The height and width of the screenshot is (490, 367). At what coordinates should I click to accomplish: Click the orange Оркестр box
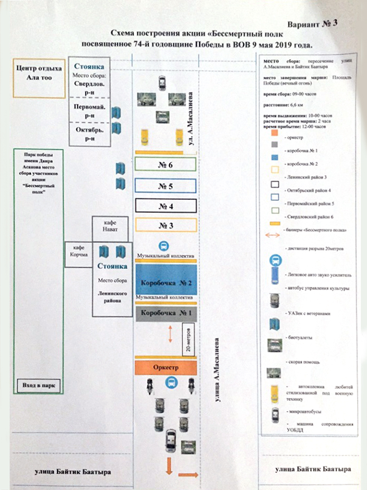click(165, 367)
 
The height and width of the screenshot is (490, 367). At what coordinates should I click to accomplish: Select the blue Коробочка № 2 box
click(165, 280)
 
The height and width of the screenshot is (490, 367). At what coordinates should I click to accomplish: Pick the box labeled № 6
click(165, 165)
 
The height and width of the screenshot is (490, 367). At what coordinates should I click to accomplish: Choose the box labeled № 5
click(165, 186)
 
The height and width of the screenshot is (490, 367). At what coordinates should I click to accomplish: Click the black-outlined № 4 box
click(165, 206)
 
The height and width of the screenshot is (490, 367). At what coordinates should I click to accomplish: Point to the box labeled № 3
click(165, 226)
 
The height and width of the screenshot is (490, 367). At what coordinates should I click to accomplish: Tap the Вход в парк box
click(38, 386)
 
